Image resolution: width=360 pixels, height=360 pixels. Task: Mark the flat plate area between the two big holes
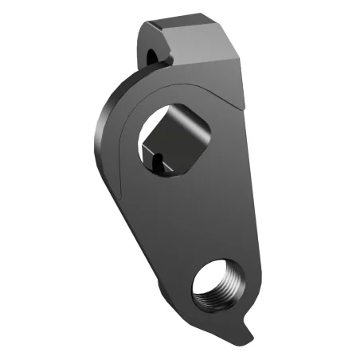(199, 215)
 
